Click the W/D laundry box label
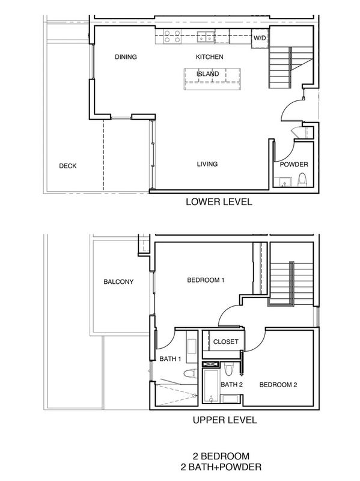click(260, 38)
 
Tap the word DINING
click(126, 57)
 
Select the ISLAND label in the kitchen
click(207, 74)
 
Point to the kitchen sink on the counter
click(206, 36)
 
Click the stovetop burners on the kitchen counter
click(172, 36)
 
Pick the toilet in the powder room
click(302, 179)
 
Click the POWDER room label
click(294, 164)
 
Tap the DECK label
click(68, 166)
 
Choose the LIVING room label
click(207, 164)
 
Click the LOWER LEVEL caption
click(219, 202)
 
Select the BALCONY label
click(118, 281)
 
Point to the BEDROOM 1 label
click(206, 280)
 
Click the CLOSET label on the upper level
click(226, 342)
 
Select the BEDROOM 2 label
click(278, 385)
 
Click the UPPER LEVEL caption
click(225, 420)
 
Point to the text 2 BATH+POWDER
click(221, 467)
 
